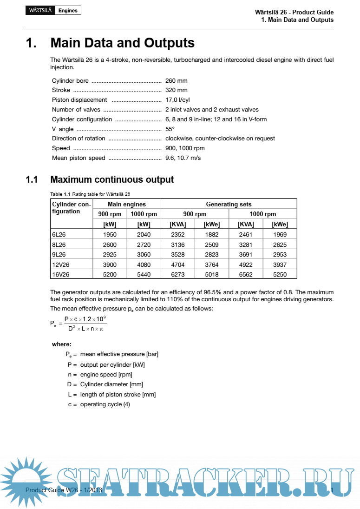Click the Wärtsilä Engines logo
[53, 10]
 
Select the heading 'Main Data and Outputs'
[122, 43]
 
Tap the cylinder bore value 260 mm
[177, 80]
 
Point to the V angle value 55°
[170, 129]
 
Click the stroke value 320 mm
[177, 90]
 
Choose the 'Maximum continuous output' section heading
[112, 179]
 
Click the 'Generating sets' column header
[229, 204]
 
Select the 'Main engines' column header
[127, 204]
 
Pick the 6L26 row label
[59, 235]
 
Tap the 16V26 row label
[61, 274]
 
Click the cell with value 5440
[144, 274]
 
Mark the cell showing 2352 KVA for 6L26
[178, 235]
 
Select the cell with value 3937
[280, 264]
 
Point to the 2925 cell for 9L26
[110, 255]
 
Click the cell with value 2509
[212, 245]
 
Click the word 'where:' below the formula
[62, 344]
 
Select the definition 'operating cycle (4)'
[105, 404]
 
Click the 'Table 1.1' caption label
[60, 194]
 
